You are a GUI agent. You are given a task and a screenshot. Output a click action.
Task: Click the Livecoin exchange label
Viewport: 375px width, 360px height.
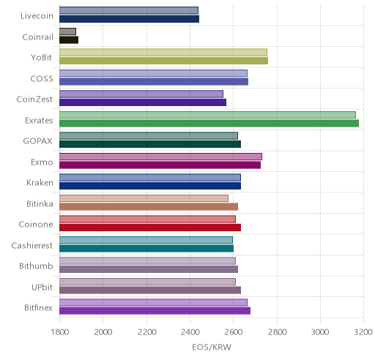37,16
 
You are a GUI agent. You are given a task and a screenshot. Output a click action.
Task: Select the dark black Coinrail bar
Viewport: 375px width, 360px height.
69,40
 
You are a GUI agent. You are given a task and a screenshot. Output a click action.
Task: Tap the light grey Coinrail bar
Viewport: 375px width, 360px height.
67,31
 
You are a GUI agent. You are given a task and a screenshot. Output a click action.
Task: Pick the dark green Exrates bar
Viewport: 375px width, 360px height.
209,123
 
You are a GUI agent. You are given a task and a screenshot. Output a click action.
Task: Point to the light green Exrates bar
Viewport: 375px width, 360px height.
207,115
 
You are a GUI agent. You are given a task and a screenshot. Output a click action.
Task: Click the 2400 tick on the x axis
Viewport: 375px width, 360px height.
190,332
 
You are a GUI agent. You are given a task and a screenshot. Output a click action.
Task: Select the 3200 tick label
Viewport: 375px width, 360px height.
363,332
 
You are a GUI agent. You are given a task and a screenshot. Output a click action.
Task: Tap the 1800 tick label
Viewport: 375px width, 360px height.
60,332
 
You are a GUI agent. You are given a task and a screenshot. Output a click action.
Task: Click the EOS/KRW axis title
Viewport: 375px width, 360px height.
212,347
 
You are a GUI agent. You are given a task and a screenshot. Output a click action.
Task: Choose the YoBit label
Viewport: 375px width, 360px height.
42,58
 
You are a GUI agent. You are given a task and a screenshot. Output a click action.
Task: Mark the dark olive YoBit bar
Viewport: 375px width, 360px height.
163,61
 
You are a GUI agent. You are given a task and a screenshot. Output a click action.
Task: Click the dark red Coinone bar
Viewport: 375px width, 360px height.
150,228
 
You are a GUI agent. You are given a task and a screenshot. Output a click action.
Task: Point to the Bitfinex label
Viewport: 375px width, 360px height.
38,308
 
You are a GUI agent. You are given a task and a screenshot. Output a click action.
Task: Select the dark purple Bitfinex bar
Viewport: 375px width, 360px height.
155,311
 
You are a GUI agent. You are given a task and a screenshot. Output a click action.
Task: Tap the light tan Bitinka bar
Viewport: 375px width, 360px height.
144,198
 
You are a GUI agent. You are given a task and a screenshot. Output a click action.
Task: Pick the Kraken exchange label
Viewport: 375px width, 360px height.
40,183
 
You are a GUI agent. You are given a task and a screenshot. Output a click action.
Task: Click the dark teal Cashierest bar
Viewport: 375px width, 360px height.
146,249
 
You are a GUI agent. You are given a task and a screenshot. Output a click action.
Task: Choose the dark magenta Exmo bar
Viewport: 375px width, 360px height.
160,165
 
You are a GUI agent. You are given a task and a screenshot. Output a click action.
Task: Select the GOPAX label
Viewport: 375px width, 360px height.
38,141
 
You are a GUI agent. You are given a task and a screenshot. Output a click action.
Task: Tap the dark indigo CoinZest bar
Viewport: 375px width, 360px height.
143,102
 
